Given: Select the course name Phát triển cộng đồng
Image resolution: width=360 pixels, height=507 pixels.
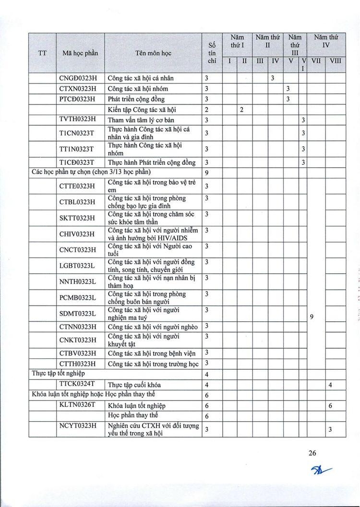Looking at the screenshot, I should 136,99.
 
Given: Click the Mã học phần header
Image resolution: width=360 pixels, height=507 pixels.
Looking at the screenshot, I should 80,53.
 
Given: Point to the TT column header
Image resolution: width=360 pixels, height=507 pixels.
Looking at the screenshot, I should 42,53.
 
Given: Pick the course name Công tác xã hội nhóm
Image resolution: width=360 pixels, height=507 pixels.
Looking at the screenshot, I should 138,89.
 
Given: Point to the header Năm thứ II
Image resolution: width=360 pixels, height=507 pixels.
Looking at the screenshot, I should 268,41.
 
